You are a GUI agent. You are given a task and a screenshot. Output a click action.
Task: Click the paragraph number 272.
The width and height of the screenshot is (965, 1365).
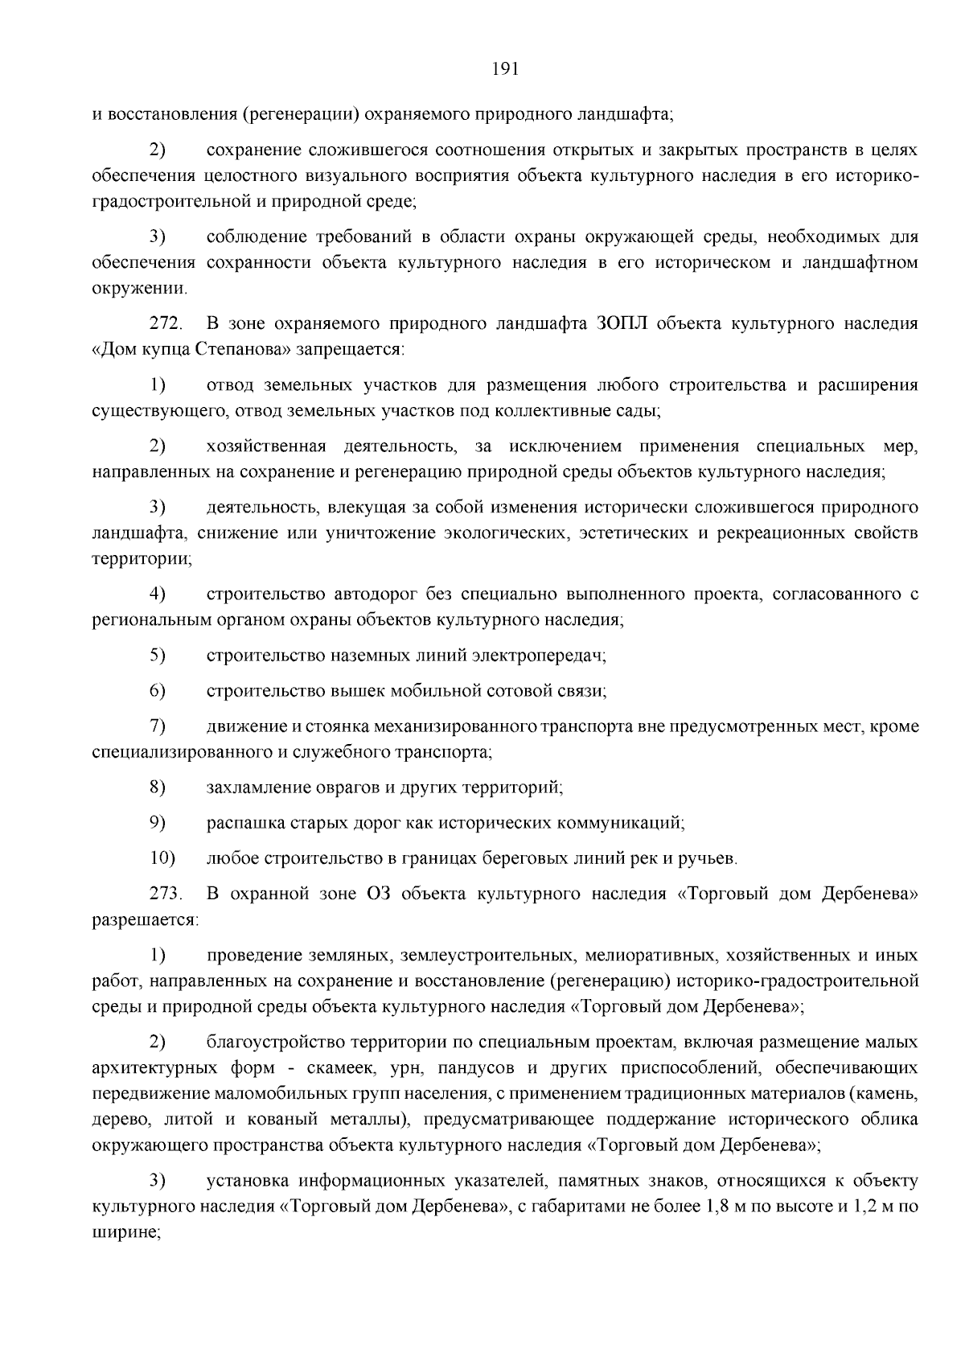pos(166,324)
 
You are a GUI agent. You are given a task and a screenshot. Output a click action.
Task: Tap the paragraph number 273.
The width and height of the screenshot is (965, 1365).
pos(166,894)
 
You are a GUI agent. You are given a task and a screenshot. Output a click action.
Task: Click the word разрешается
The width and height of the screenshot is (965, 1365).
pos(145,919)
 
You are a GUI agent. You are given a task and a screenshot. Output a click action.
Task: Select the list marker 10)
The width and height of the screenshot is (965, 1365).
pos(162,858)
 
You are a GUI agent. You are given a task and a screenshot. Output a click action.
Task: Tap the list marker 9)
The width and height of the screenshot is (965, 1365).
pos(158,823)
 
